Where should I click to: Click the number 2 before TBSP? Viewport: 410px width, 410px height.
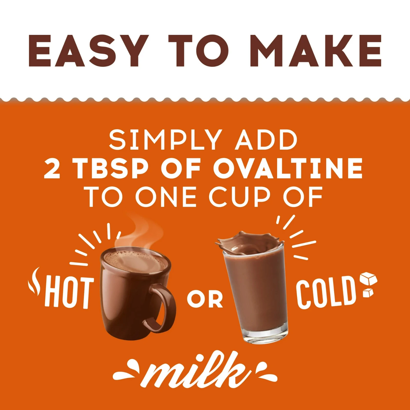coord(52,168)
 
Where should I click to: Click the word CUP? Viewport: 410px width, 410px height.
coord(240,197)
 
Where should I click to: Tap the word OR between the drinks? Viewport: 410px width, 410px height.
coord(205,299)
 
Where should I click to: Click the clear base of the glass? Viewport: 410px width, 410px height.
coord(265,333)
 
